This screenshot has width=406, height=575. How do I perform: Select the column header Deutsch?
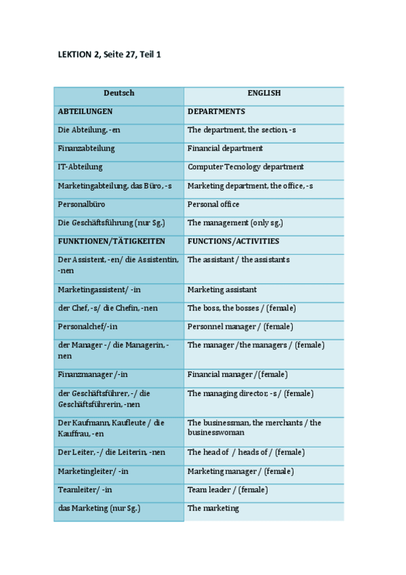coord(119,94)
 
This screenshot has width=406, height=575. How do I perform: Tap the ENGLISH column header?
coord(264,94)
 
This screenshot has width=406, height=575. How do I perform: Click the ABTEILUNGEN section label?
coord(85,111)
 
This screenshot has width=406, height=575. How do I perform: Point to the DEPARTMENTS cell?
coord(216,111)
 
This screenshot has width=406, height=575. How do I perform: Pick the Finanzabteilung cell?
coord(87,148)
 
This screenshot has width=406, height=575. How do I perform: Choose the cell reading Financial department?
coord(225,148)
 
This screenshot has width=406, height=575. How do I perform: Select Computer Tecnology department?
coord(245,167)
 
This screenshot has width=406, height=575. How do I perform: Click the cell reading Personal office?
coord(214,204)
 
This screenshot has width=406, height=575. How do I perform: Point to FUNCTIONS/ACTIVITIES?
coord(233,241)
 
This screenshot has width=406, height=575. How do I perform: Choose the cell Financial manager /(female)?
coord(237,374)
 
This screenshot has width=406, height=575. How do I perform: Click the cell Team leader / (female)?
coord(227,490)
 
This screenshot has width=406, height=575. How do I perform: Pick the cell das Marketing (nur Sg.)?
coord(99,508)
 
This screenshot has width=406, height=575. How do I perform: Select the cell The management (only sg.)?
coord(235,222)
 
